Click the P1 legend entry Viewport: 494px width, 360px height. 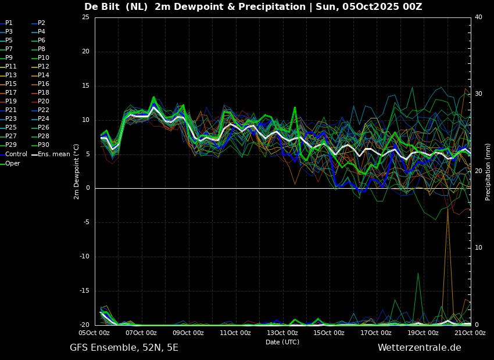tap(7, 23)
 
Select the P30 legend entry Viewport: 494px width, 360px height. tap(40, 145)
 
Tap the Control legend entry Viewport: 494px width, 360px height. tap(14, 154)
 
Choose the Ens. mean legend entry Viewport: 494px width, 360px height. tap(51, 154)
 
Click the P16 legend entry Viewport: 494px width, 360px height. tap(40, 84)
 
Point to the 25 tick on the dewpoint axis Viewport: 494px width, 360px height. tap(85, 17)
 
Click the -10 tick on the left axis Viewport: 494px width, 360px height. tap(85, 257)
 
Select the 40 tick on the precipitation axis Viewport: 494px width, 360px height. tap(478, 17)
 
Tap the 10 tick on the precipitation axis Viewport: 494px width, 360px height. tap(478, 248)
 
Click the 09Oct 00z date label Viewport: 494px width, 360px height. tap(188, 333)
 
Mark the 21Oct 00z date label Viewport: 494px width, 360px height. tap(470, 333)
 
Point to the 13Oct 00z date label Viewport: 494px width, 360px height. tap(282, 333)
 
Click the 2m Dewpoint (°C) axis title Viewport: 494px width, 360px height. tap(77, 172)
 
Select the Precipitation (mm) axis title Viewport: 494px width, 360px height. tap(488, 172)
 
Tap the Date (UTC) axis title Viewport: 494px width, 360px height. tap(282, 342)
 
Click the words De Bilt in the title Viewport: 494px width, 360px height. tap(102, 6)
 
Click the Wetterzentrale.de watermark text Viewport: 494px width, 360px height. tap(420, 348)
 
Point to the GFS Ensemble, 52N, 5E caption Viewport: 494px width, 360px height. tap(124, 348)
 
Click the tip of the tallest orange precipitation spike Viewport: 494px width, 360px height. tap(448, 208)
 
